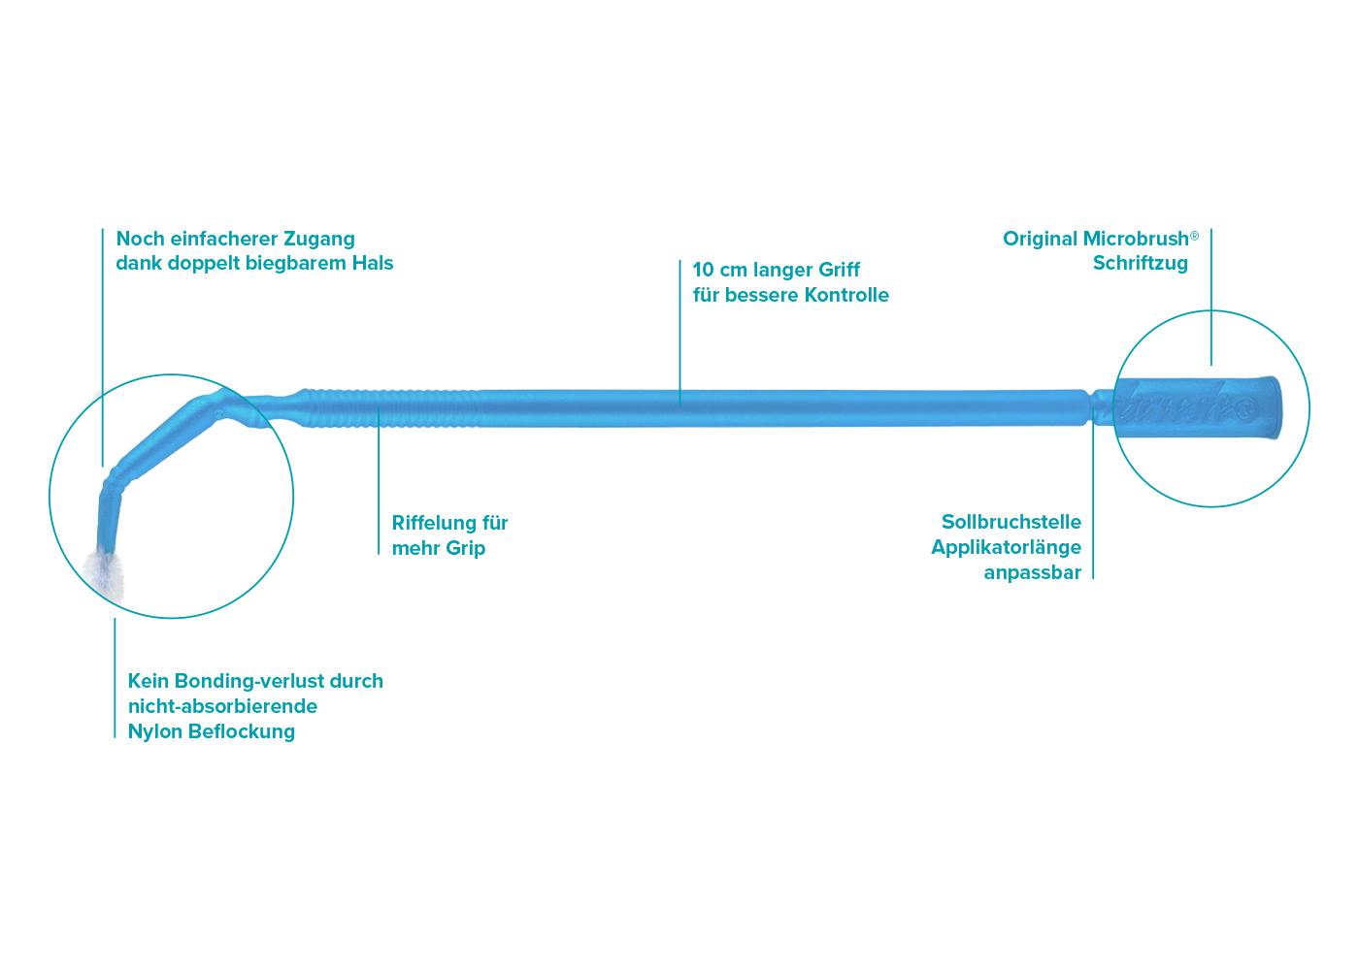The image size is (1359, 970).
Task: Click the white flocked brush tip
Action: tap(104, 572)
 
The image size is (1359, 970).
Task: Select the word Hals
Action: tap(373, 263)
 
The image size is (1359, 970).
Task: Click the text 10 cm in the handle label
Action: tap(719, 270)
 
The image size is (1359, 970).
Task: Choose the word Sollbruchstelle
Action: tap(1011, 522)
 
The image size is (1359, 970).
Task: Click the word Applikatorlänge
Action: tap(1006, 547)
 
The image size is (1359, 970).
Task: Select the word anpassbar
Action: tap(1032, 572)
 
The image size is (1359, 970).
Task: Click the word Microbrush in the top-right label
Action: tap(1136, 239)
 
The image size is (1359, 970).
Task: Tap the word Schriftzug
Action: tap(1140, 263)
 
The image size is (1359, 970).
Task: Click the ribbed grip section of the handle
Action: tap(388, 408)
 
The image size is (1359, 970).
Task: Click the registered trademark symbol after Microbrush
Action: tap(1195, 236)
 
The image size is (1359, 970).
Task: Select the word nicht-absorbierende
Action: tap(222, 706)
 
